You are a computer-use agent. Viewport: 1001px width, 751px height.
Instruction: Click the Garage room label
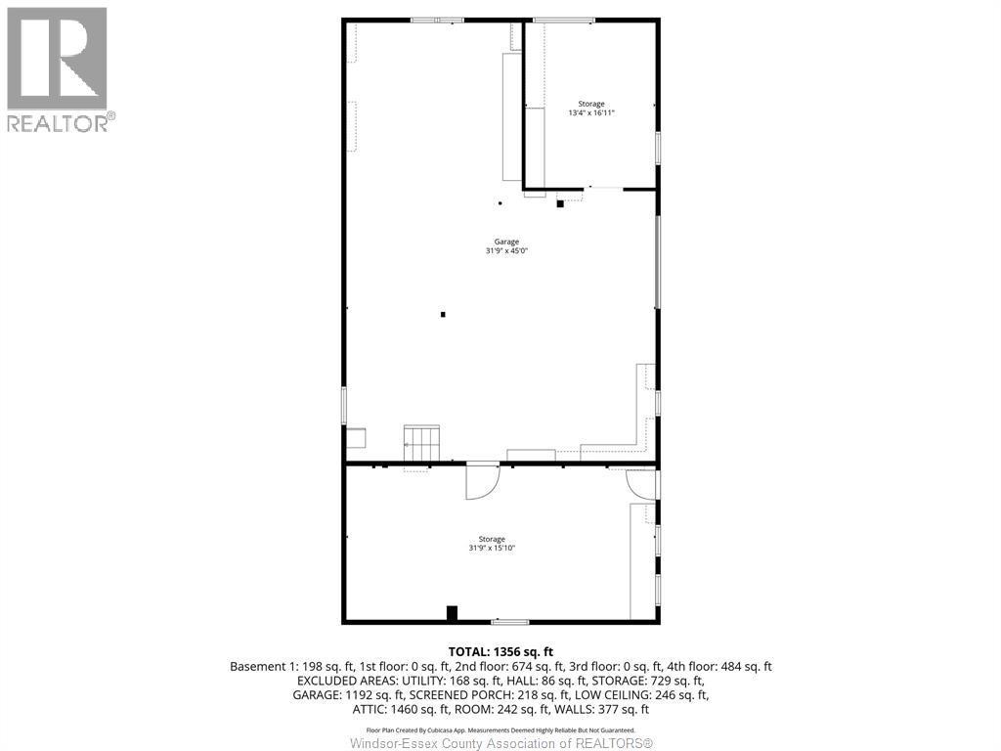[x=505, y=242]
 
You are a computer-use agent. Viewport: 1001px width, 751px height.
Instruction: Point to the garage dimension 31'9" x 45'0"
[x=505, y=251]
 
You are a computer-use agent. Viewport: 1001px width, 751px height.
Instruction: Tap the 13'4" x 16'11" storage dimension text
[x=590, y=113]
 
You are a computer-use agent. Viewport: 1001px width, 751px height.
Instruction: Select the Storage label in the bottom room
[x=492, y=539]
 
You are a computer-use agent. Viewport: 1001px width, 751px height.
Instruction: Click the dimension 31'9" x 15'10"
[x=492, y=549]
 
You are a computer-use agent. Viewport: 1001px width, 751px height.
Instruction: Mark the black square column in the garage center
[x=443, y=314]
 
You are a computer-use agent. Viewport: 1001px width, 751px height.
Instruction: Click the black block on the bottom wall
[x=452, y=613]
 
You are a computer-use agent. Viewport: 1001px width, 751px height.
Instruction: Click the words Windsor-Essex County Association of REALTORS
[x=500, y=743]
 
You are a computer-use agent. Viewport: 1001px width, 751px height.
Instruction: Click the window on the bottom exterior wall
[x=510, y=621]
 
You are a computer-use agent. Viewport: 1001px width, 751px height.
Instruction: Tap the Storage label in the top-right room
[x=590, y=104]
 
